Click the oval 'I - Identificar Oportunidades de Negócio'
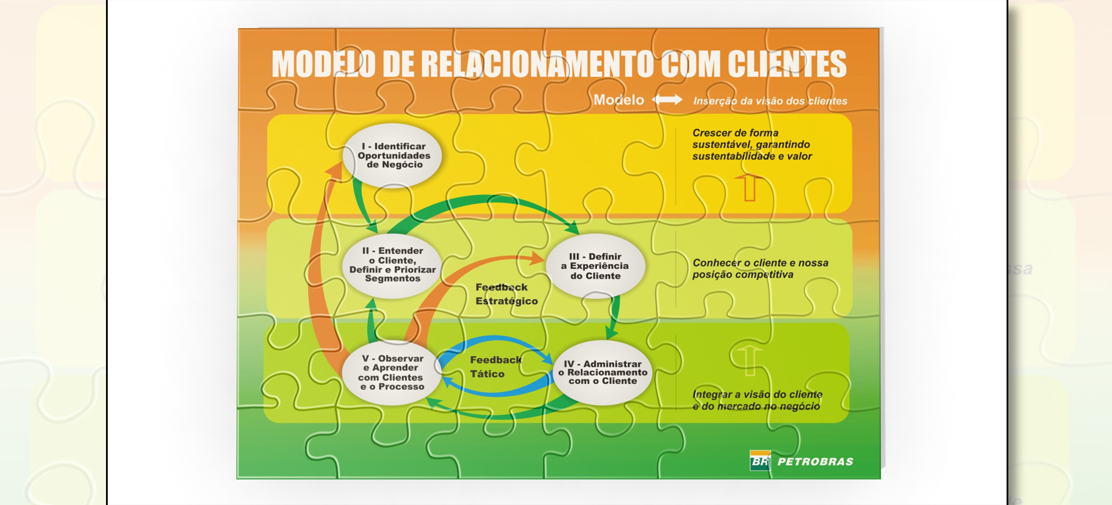pos(392,156)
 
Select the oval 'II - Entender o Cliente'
pos(392,266)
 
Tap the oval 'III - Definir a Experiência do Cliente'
pos(595,266)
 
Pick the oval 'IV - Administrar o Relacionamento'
pos(603,373)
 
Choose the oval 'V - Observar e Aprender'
pos(392,373)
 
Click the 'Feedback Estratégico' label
pos(506,294)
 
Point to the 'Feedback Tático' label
pos(496,367)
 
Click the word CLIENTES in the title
pos(787,64)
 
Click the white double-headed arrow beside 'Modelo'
pos(667,99)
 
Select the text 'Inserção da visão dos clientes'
pos(770,101)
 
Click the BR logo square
pos(760,460)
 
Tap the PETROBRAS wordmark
pos(815,462)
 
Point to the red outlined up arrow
pos(749,188)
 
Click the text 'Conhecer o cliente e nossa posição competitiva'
pos(760,268)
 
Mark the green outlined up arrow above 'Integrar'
pos(749,359)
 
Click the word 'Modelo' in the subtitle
pos(619,100)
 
